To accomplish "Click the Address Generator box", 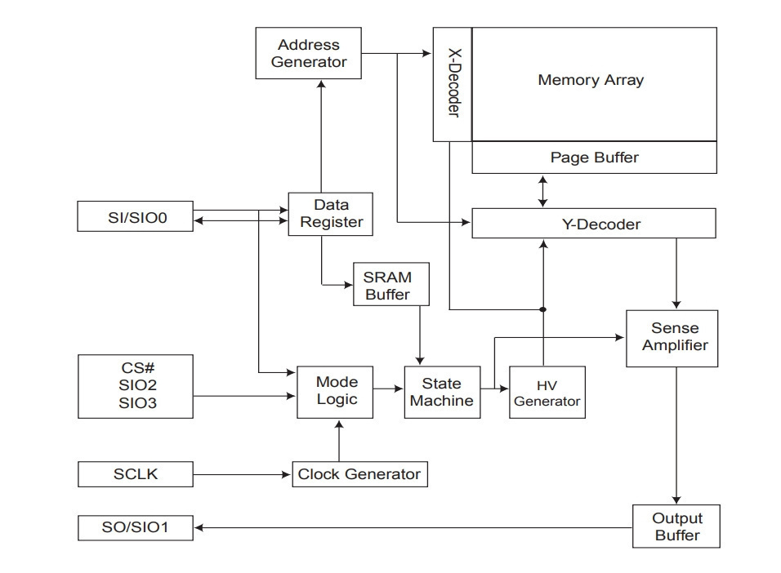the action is [x=308, y=53].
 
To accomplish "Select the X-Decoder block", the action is [x=453, y=84].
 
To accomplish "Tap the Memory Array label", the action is [x=591, y=80].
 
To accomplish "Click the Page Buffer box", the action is [x=594, y=158].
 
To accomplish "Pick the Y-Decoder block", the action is [x=594, y=224].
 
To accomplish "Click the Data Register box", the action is [x=330, y=214].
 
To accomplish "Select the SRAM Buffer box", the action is [x=391, y=284].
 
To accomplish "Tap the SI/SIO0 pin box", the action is [x=135, y=216].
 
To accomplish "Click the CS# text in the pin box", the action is [x=137, y=368].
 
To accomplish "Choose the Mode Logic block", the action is [x=335, y=393].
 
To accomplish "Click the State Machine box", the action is [x=442, y=393].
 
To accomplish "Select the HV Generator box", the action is [x=547, y=393].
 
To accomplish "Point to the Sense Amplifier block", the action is [x=672, y=339].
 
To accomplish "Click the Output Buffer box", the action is [x=676, y=526].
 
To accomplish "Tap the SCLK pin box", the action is [x=136, y=474].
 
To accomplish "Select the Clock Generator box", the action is [x=359, y=474].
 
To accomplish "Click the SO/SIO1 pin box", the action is [x=136, y=527].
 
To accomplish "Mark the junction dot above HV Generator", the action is [x=543, y=309].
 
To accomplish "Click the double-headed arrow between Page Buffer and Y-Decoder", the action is [x=543, y=191].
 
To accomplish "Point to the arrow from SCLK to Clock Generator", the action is [x=242, y=474].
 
